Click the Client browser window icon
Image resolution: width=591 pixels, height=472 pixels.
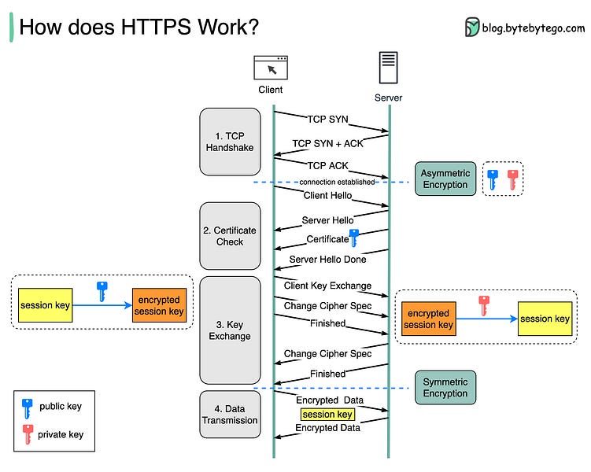pos(270,68)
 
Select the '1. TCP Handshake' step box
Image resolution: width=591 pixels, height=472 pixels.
pos(230,142)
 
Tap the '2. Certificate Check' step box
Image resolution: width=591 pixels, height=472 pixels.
pos(230,236)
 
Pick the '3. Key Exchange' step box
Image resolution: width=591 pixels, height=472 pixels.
pos(230,330)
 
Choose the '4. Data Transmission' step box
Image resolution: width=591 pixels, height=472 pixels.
pos(230,414)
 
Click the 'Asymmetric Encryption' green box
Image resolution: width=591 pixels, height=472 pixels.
pos(445,179)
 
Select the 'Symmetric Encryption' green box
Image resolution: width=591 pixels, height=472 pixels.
pos(445,387)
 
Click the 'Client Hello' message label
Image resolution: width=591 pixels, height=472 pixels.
pos(327,195)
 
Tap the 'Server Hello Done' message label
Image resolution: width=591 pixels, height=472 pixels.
pos(327,259)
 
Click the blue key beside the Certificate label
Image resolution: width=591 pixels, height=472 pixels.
pos(354,238)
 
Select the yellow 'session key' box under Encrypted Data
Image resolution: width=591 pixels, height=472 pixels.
pos(327,415)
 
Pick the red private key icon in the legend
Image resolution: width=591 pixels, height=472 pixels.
pos(28,433)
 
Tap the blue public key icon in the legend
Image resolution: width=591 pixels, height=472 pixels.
pos(28,407)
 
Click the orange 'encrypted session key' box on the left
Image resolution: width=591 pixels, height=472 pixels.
pos(159,306)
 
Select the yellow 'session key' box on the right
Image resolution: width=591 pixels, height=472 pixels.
pos(545,319)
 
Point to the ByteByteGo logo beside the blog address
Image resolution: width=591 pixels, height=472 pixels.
pos(472,27)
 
